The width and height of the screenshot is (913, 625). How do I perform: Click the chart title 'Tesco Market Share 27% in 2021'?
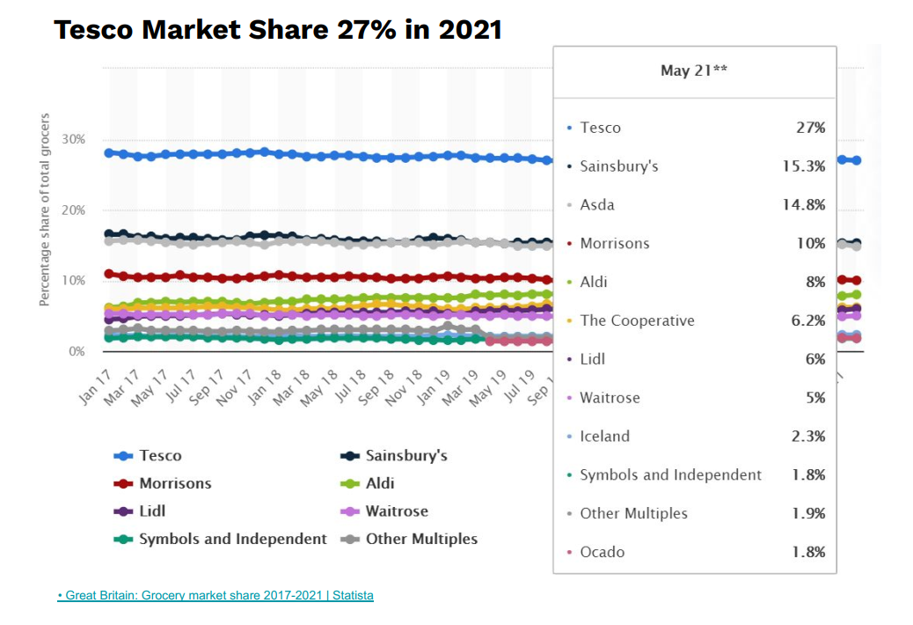[278, 30]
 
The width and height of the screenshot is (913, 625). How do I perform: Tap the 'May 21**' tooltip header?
[694, 70]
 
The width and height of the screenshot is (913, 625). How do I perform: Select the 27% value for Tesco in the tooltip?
[810, 128]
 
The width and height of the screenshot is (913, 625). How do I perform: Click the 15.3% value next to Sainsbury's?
[803, 166]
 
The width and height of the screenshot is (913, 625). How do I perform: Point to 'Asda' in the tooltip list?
[597, 205]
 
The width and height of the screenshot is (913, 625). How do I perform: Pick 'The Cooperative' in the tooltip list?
[637, 320]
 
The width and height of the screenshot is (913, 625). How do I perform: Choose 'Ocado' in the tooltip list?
[603, 553]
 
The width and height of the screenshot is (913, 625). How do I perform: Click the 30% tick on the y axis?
[74, 140]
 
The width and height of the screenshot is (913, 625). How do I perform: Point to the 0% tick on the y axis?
[77, 351]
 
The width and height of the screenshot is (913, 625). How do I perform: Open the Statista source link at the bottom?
[215, 596]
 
